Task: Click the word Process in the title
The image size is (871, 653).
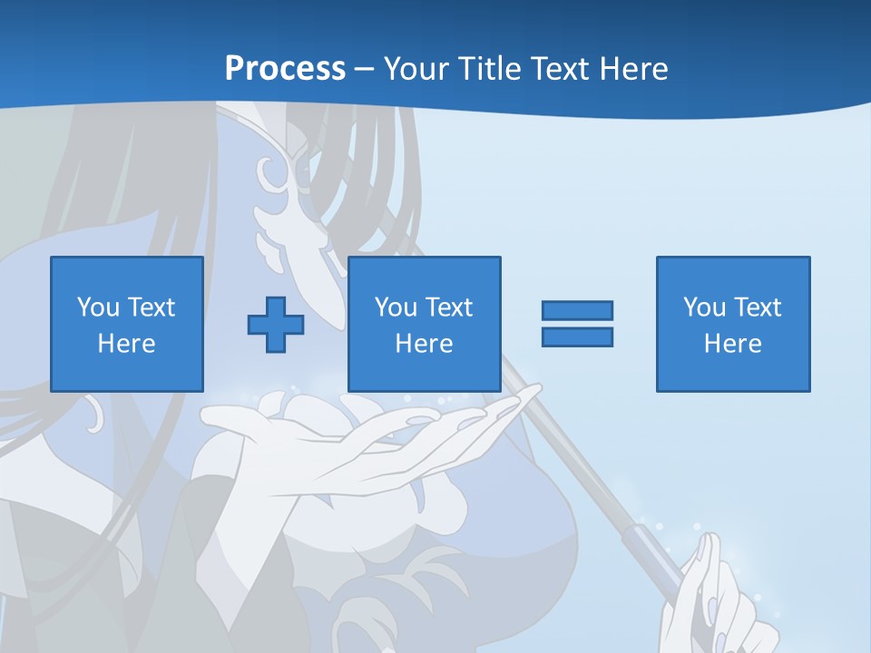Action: (x=285, y=69)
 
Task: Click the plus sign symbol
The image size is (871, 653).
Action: (x=276, y=325)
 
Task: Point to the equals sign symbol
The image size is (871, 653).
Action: (x=577, y=324)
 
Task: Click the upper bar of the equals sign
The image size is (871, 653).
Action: (x=577, y=310)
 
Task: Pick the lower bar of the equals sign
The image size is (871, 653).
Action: (x=577, y=337)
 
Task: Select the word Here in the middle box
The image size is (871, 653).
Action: (x=425, y=344)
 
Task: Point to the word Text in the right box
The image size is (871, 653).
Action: (x=758, y=307)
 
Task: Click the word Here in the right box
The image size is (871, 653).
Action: (x=733, y=344)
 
